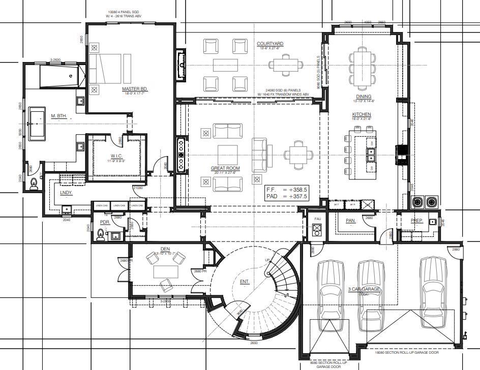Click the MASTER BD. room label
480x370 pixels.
pos(131,89)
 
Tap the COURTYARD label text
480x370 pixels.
pos(270,44)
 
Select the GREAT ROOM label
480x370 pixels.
pos(225,168)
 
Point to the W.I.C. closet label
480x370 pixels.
pos(116,156)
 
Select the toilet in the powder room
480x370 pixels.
pos(100,234)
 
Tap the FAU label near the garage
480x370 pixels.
pos(318,219)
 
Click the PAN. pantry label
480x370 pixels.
pos(350,221)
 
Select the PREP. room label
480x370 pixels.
pos(417,220)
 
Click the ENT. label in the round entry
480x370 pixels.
pos(245,281)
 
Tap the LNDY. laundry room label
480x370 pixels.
pos(66,193)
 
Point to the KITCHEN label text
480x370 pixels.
pos(362,114)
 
